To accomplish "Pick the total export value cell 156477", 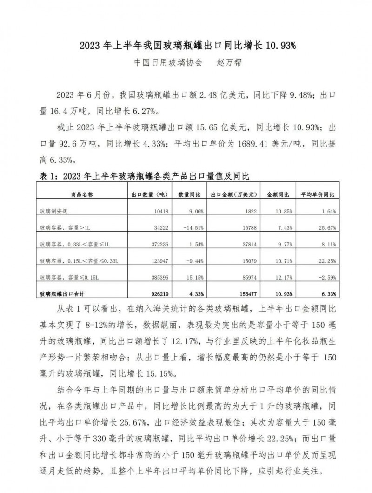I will (x=241, y=294).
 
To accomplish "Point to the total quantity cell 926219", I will (x=159, y=294).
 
